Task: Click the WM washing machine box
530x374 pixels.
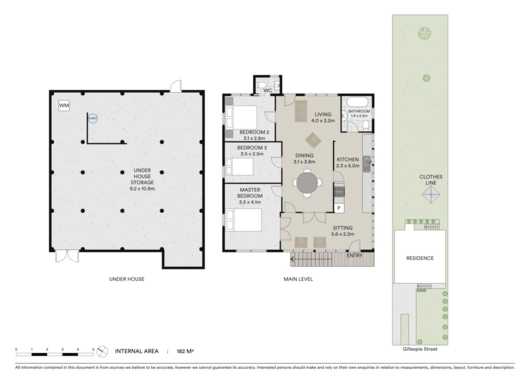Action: click(64, 106)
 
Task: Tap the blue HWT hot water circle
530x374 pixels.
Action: click(93, 118)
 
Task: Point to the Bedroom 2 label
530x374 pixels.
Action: click(255, 132)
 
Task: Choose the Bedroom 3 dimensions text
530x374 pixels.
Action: click(252, 154)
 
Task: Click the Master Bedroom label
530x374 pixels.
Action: click(250, 193)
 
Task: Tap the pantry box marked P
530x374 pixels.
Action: click(339, 208)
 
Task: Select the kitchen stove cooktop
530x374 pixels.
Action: click(339, 191)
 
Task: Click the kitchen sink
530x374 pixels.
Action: click(367, 164)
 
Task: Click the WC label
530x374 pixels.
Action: click(268, 91)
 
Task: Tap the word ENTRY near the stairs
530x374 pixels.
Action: click(355, 256)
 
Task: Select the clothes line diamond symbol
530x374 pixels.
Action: click(431, 195)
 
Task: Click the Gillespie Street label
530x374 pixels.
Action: click(420, 349)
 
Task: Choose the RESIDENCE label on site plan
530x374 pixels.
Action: click(420, 258)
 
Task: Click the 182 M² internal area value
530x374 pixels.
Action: click(185, 351)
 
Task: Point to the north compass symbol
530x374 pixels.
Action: click(102, 352)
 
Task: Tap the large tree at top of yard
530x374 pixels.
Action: click(425, 33)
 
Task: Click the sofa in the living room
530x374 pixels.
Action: click(301, 111)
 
